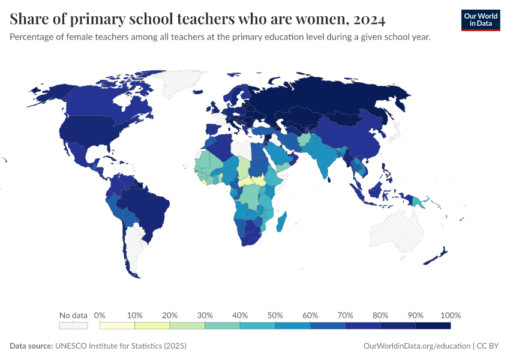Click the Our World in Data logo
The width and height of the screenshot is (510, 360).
pos(480,19)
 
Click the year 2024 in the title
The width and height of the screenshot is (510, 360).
pos(369,19)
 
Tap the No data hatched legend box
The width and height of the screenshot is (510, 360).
pos(73,326)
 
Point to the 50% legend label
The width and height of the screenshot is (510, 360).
pos(275,315)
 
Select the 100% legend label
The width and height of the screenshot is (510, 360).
pos(450,315)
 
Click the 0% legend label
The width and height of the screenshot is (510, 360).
pos(100,315)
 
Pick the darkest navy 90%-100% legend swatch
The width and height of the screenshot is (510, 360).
pos(433,326)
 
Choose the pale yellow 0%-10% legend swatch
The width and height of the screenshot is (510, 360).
pos(117,326)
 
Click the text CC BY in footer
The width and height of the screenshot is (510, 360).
pos(488,346)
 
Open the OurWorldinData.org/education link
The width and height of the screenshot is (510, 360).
pos(416,346)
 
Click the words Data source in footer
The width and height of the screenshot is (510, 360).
pos(31,346)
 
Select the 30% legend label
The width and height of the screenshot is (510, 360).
pos(205,315)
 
